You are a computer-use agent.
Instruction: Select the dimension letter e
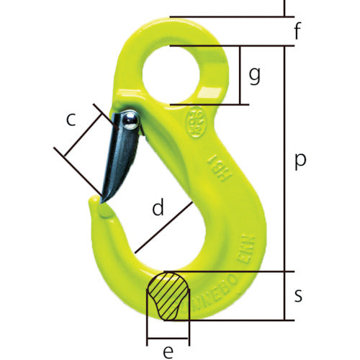[x=167, y=351]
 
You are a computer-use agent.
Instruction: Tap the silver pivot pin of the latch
[x=129, y=120]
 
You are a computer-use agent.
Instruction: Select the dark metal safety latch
[x=120, y=158]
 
